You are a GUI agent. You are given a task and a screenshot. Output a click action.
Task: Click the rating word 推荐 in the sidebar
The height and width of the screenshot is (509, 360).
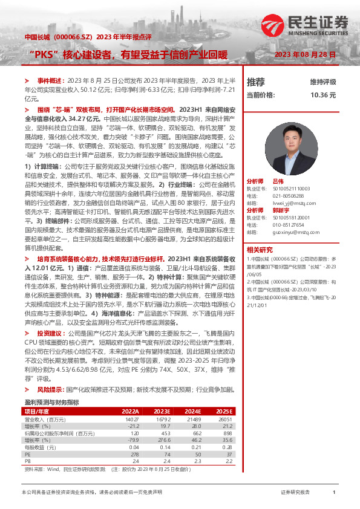(256, 82)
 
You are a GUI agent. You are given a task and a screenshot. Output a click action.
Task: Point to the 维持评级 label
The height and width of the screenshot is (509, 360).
(323, 82)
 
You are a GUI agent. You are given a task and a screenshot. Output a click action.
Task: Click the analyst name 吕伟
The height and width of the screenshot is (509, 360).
(278, 181)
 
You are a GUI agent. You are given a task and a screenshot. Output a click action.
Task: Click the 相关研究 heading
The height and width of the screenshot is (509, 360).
(260, 250)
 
